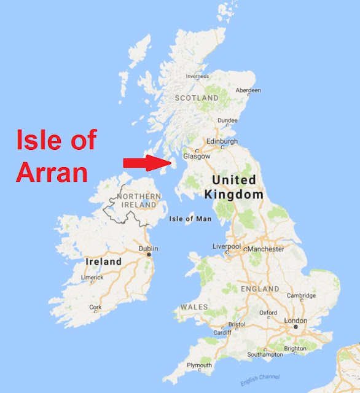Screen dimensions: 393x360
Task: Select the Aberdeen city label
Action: pos(249,90)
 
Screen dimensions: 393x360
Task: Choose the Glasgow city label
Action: pos(196,156)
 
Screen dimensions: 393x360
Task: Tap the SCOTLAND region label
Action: pos(197,98)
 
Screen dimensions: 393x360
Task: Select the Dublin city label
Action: pos(149,249)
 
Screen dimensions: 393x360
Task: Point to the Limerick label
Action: pos(92,278)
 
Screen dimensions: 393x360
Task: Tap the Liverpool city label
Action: pos(227,246)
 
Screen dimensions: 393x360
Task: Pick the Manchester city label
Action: pos(266,249)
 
